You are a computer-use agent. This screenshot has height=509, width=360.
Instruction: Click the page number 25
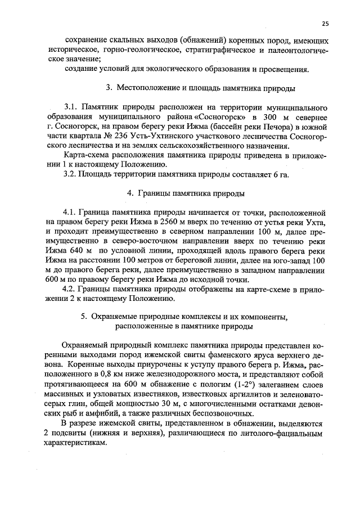click(x=325, y=23)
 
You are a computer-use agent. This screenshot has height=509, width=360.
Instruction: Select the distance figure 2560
click(x=155, y=223)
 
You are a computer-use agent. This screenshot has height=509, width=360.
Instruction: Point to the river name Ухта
click(x=317, y=223)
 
